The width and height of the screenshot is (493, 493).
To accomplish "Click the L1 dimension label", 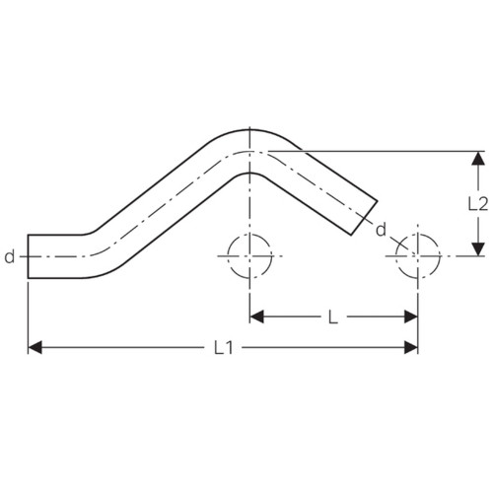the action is pyautogui.click(x=224, y=347).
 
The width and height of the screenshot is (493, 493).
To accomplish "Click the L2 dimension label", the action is pyautogui.click(x=478, y=204).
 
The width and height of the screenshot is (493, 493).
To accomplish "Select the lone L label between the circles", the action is pyautogui.click(x=333, y=317).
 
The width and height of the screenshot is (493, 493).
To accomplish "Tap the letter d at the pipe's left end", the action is pyautogui.click(x=10, y=256).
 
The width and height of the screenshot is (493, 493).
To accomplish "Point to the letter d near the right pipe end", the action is pyautogui.click(x=381, y=229).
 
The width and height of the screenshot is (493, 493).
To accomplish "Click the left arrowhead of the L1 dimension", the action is pyautogui.click(x=35, y=347).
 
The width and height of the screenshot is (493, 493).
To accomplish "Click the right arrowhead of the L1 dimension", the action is pyautogui.click(x=411, y=347).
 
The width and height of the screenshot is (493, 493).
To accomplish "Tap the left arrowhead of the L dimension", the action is pyautogui.click(x=257, y=317).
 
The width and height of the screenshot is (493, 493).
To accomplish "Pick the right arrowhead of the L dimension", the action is pyautogui.click(x=411, y=317).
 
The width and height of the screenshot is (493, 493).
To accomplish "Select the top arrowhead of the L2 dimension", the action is pyautogui.click(x=478, y=159).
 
